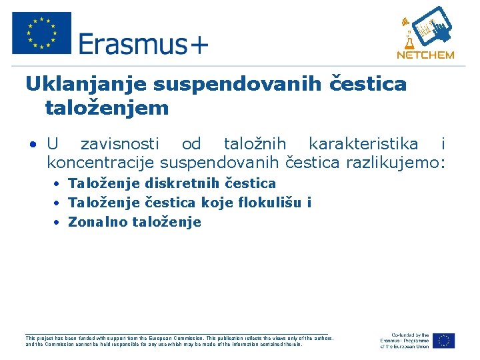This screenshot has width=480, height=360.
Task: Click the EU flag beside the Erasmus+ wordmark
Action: pos(41,33)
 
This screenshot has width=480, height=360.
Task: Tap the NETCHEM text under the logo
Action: pos(425,55)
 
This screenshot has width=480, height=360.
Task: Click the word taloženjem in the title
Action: pos(107,107)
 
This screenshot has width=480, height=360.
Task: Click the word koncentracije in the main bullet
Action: pos(100,162)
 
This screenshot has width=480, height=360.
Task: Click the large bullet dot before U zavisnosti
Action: pos(31,145)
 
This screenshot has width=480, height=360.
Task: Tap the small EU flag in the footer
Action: pos(443,341)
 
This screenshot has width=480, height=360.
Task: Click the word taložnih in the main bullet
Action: pos(255,143)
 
